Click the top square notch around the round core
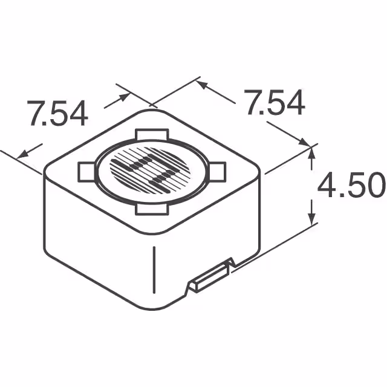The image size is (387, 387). coord(151,135)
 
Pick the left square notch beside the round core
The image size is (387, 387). coord(86,171)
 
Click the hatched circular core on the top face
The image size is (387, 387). coord(151,170)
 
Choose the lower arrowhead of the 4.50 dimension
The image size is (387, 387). coord(313,218)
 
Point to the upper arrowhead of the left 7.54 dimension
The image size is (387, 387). coord(123,96)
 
